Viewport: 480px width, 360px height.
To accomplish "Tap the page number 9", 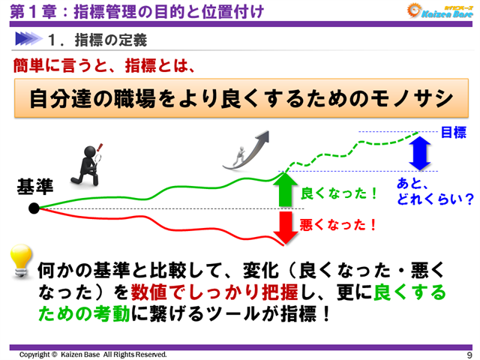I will [469, 354].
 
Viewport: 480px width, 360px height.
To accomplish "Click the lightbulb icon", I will [22, 261].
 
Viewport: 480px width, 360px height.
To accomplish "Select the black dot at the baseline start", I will [34, 208].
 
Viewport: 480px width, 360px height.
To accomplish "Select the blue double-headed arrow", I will [419, 155].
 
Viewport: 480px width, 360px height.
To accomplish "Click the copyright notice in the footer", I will [93, 354].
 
